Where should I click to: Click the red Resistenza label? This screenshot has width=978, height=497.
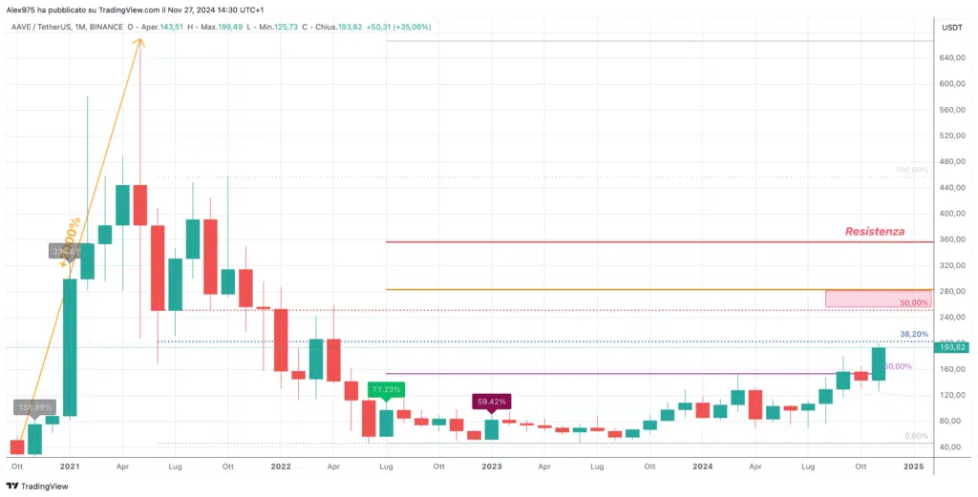pyautogui.click(x=874, y=232)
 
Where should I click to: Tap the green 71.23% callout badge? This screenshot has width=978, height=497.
pyautogui.click(x=385, y=389)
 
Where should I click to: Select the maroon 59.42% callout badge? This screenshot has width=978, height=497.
pyautogui.click(x=491, y=402)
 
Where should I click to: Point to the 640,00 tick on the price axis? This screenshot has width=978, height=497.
pyautogui.click(x=951, y=58)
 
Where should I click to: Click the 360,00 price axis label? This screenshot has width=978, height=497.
pyautogui.click(x=951, y=239)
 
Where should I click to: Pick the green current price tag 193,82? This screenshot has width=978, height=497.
pyautogui.click(x=954, y=347)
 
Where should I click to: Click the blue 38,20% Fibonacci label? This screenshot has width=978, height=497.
pyautogui.click(x=913, y=334)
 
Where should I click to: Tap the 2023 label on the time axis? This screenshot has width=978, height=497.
pyautogui.click(x=491, y=466)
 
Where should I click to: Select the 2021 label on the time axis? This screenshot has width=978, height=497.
pyautogui.click(x=69, y=466)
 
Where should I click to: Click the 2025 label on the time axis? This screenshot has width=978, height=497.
pyautogui.click(x=913, y=466)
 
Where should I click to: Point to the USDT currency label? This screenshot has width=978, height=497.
pyautogui.click(x=951, y=28)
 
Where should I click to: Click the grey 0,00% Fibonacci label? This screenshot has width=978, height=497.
pyautogui.click(x=916, y=436)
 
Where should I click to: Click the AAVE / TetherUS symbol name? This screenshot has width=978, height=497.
pyautogui.click(x=46, y=27)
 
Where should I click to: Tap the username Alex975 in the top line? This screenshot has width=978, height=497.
pyautogui.click(x=21, y=9)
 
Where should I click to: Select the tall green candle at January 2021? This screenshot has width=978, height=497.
pyautogui.click(x=70, y=347)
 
